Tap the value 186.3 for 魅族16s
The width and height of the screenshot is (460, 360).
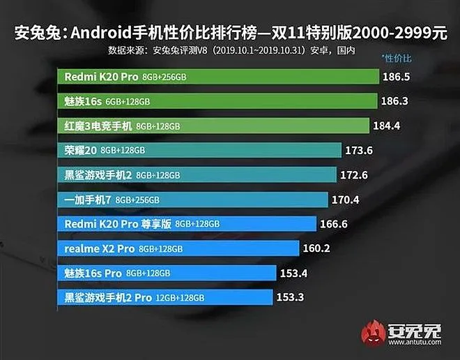point(394,102)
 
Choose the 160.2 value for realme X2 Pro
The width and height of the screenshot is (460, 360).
point(315,248)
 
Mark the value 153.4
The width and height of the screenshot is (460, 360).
point(294,272)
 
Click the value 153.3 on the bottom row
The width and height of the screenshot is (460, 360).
point(290,297)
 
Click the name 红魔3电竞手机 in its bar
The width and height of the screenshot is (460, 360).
point(98,126)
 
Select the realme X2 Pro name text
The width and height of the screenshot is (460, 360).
point(100,248)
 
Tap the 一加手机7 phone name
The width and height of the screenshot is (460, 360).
point(88,200)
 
